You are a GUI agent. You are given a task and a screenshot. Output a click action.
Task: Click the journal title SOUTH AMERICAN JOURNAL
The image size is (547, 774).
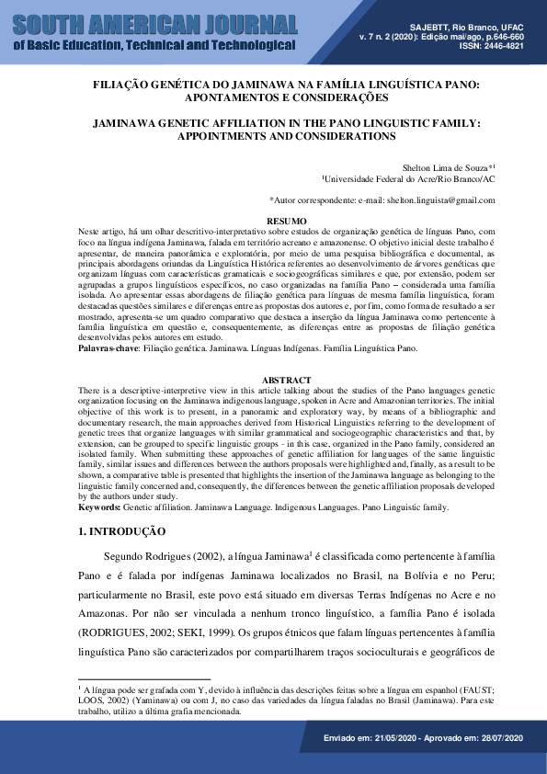point(155,23)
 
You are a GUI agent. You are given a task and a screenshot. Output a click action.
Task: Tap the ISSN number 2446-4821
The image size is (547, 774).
point(502,45)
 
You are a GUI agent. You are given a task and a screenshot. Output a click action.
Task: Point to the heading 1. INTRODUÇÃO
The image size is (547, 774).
point(121,531)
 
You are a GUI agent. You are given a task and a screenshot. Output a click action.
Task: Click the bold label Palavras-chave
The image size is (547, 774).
point(107,349)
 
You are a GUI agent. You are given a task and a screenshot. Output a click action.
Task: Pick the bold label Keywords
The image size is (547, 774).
point(98,507)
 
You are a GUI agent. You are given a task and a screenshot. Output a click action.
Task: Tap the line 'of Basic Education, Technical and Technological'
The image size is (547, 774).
point(154,45)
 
